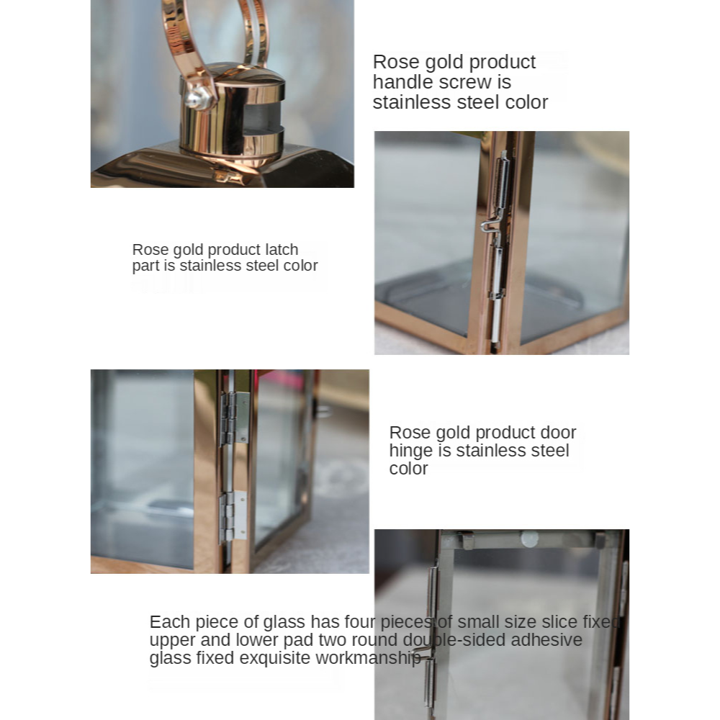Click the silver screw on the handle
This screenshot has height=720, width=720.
coord(197,97)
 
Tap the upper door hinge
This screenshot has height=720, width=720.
coord(235,418)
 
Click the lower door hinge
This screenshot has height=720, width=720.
coord(233,516)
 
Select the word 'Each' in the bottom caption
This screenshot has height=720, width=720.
coord(170,622)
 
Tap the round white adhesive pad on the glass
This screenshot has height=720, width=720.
coord(529,539)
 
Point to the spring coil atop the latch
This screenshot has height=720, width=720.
coord(503,182)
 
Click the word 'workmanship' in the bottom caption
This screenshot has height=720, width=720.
coord(368,658)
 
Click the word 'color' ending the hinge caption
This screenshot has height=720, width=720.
coord(409,469)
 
